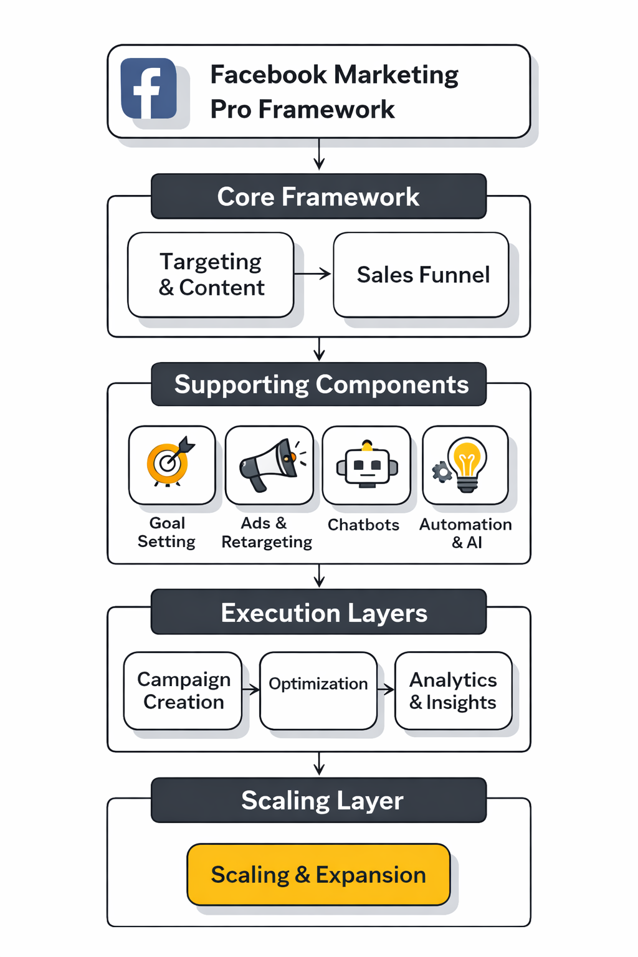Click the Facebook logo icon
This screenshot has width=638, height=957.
click(148, 88)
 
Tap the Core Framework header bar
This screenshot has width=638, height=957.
click(318, 196)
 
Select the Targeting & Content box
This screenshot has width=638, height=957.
click(211, 275)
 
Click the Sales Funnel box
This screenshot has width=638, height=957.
click(421, 275)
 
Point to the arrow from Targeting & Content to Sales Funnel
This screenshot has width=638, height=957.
click(313, 274)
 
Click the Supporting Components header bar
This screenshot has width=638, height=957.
click(318, 384)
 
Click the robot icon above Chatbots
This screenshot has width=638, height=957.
click(367, 466)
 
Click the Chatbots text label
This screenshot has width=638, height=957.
click(363, 525)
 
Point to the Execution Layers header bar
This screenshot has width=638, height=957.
click(318, 612)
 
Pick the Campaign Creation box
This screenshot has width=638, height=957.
click(183, 690)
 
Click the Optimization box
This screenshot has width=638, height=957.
click(318, 690)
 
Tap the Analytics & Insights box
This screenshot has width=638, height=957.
click(453, 690)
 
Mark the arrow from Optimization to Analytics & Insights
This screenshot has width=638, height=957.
click(386, 689)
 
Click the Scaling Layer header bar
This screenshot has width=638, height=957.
click(318, 801)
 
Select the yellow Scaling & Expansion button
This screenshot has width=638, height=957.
click(318, 875)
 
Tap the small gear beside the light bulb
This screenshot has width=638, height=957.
click(442, 472)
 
